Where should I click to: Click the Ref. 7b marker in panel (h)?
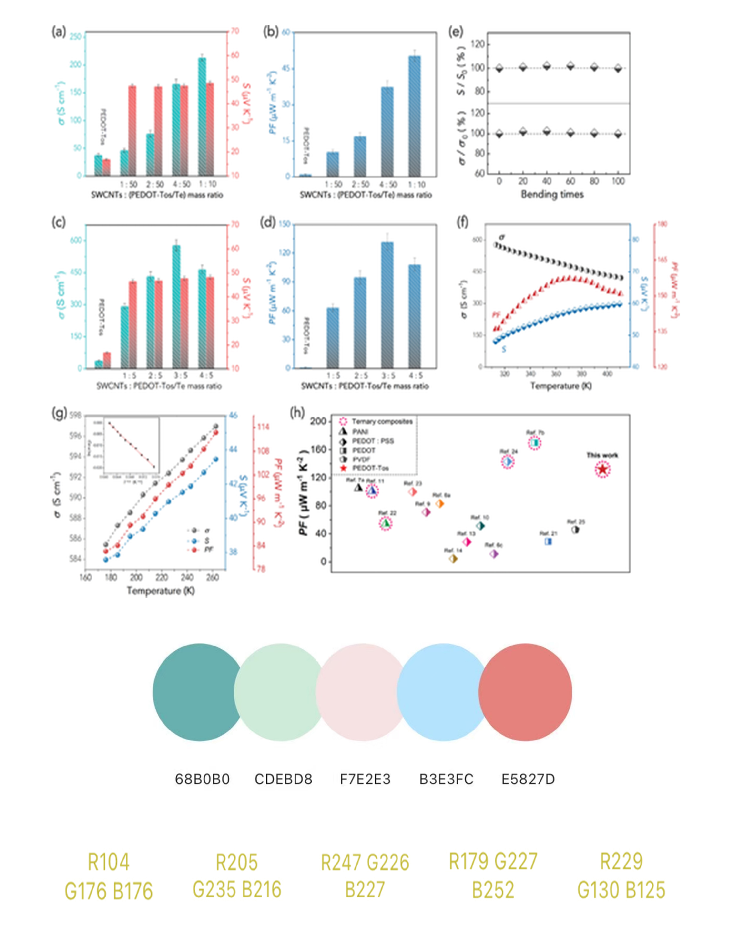tap(534, 443)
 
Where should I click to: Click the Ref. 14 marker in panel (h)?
tap(453, 558)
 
